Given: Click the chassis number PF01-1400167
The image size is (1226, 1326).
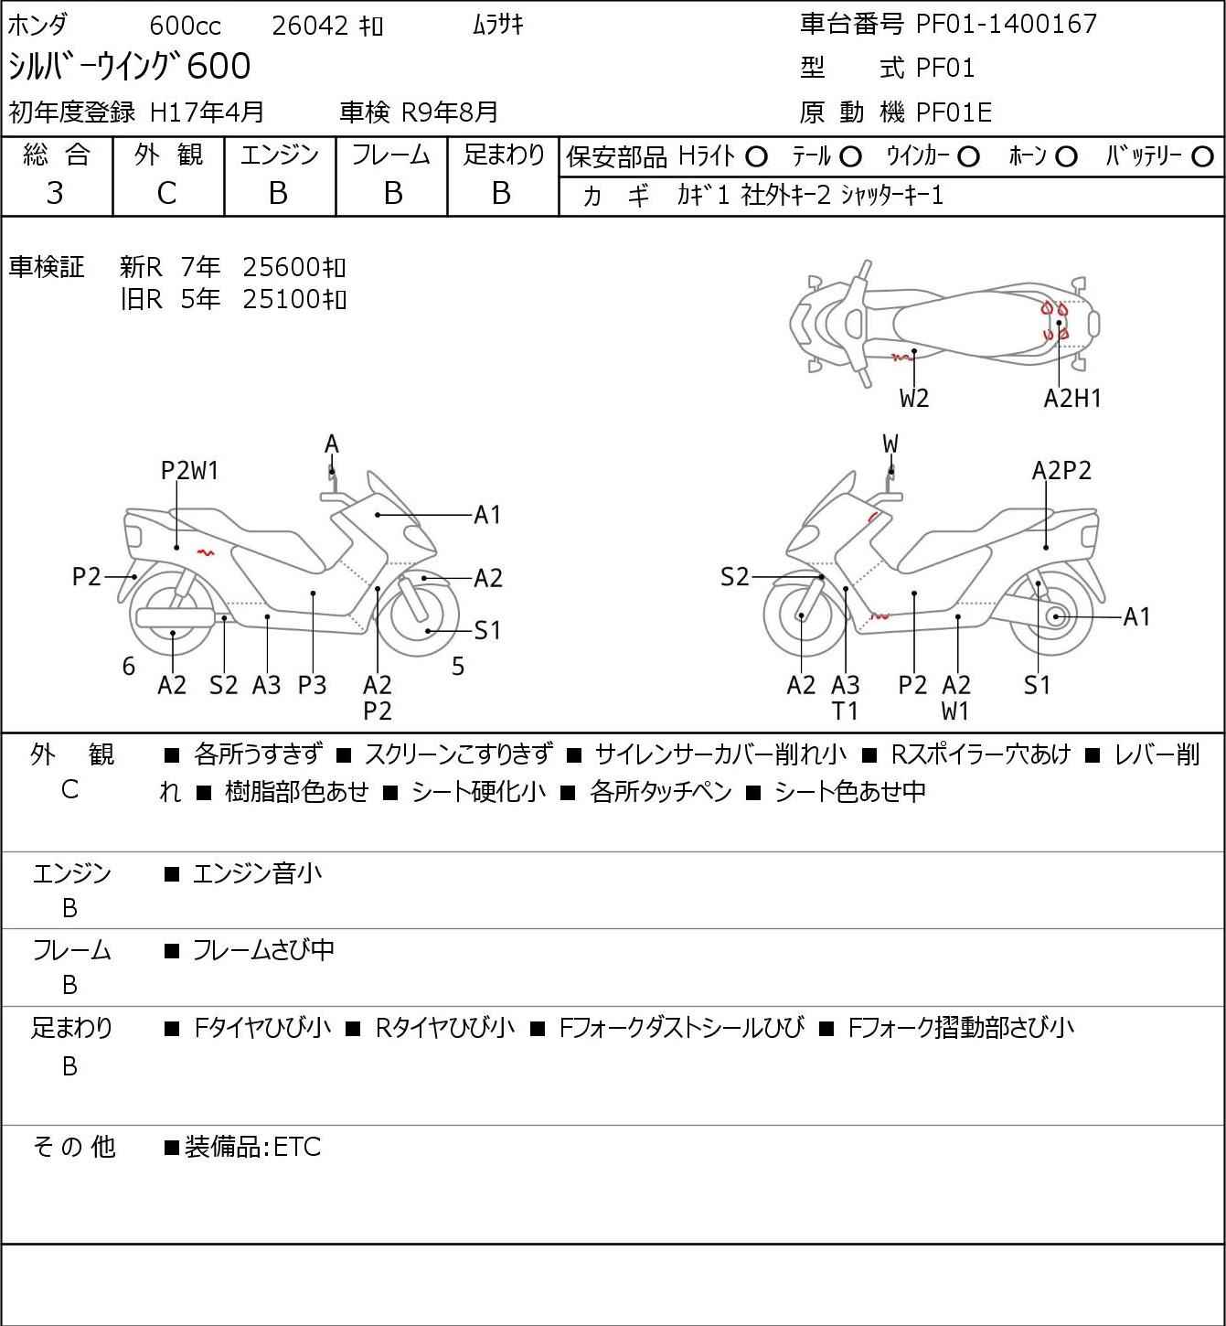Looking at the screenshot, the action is [1007, 24].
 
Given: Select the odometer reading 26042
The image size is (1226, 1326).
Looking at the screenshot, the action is [310, 26].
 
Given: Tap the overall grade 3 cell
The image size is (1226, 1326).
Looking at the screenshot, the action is [55, 194].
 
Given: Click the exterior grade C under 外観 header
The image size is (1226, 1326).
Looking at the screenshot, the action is [167, 194].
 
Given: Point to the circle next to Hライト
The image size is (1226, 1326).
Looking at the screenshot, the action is [756, 157].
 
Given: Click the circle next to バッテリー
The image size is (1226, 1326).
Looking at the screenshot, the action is [1202, 157].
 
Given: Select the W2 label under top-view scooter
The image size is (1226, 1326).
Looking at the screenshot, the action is [914, 399].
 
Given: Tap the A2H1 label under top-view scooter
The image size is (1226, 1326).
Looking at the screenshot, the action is [1071, 399].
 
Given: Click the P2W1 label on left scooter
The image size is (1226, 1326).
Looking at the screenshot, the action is [189, 471].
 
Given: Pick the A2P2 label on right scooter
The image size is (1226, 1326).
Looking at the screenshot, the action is [1061, 471].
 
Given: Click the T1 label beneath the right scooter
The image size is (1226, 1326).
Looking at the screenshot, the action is [846, 711].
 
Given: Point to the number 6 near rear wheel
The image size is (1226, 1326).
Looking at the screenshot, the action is [129, 666].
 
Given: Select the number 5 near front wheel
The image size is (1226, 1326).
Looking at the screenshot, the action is [458, 666].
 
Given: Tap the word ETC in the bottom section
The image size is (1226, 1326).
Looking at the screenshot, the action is [297, 1147].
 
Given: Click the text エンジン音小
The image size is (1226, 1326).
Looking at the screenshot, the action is [257, 873].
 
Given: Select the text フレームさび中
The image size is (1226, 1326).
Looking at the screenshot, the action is [263, 949].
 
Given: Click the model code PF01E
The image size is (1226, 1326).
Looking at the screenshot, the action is [954, 112].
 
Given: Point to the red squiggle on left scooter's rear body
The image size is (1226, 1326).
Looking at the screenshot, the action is [205, 552].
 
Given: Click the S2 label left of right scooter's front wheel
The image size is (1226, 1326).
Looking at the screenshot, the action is [734, 576].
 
